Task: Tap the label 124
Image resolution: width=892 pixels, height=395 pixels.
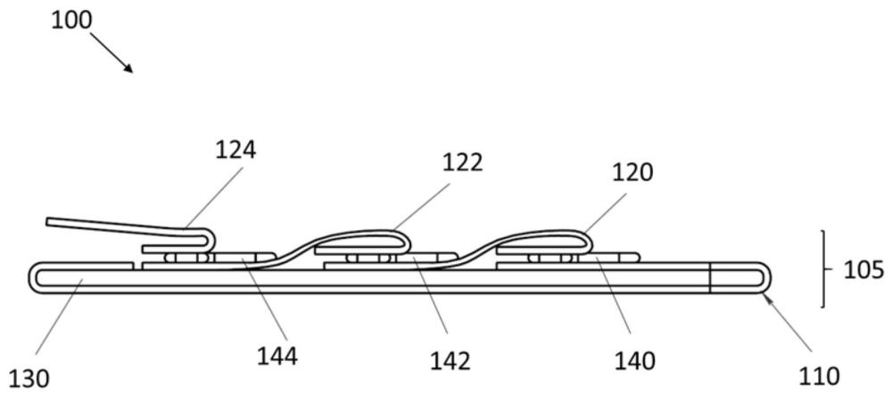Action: pos(236,151)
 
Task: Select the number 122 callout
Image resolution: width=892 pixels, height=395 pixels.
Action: pos(462,164)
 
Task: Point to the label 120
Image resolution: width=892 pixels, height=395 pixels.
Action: pos(633,171)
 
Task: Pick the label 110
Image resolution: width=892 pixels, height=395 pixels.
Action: pos(819,375)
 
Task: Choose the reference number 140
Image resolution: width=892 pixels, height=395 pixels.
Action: pos(634,359)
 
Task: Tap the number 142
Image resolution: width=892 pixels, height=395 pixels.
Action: pos(450,359)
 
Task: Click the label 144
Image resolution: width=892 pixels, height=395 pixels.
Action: pos(277,357)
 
